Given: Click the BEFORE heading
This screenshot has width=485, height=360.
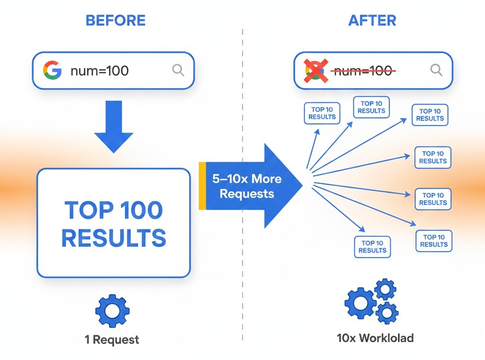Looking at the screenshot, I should click(x=116, y=20).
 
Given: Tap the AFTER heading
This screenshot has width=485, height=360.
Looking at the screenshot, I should click(x=372, y=20).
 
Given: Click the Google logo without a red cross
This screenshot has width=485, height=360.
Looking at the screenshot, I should click(x=52, y=71).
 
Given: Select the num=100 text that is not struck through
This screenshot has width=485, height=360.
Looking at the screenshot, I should click(x=99, y=71).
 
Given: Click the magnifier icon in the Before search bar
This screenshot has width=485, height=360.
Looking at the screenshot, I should click(x=178, y=71).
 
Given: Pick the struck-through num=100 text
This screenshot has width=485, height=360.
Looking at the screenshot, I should click(x=362, y=71).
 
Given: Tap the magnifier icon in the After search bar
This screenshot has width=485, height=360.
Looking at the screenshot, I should click(x=436, y=70).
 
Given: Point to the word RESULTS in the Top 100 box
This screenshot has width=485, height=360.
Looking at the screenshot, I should click(x=114, y=238).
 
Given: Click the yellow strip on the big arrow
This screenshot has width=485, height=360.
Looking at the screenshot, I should click(x=202, y=185).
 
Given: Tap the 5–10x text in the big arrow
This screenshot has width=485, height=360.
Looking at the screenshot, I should click(x=230, y=179).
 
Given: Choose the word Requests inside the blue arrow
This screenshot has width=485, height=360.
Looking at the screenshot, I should click(x=247, y=194).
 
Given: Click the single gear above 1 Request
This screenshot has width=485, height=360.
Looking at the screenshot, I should click(x=112, y=311).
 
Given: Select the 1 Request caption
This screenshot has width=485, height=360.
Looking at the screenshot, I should click(x=112, y=339).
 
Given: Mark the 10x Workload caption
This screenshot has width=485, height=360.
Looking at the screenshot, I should click(x=375, y=338).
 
